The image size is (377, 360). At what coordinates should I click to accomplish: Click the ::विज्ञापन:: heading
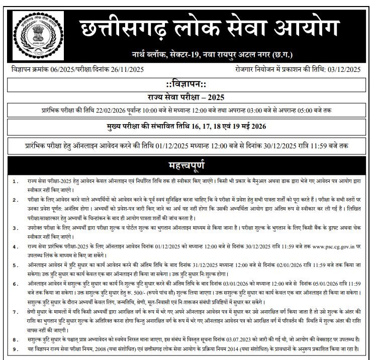tap(188, 83)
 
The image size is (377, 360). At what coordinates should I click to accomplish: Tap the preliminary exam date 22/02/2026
tap(116, 110)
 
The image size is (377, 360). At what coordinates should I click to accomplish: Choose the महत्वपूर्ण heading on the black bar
tap(188, 165)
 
